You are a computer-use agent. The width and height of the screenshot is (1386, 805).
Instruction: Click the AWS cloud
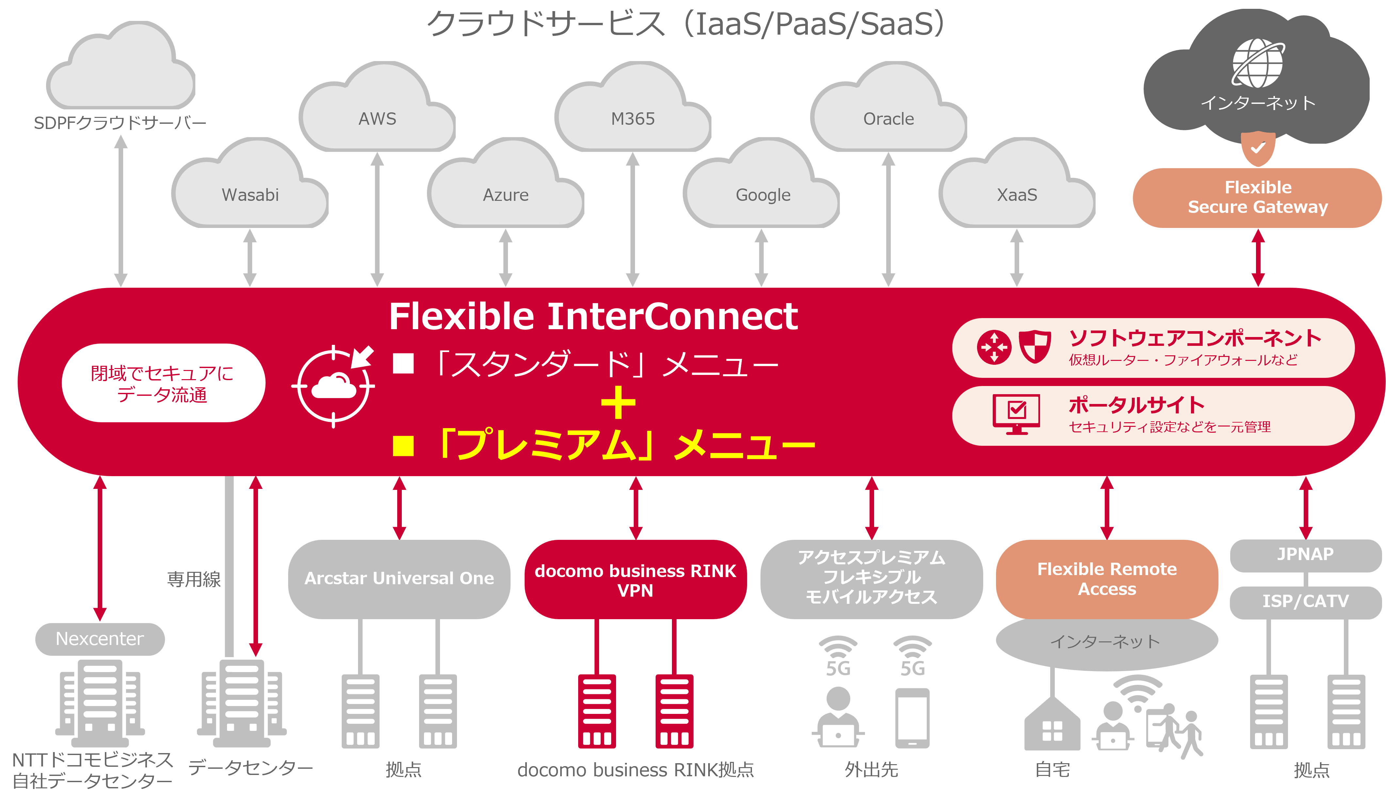point(377,116)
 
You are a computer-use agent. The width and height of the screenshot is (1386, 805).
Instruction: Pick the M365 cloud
point(633,116)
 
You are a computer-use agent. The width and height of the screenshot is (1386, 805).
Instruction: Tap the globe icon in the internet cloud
point(1258,63)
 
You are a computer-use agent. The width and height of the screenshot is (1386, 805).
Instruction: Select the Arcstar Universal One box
point(399,578)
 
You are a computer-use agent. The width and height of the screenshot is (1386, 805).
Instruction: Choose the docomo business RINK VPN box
point(635,580)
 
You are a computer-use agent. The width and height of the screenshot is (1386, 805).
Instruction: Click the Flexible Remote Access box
point(1107,578)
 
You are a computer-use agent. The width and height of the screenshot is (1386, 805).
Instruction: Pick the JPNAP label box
point(1305,554)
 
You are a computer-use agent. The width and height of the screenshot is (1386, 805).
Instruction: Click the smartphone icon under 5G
point(912,718)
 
